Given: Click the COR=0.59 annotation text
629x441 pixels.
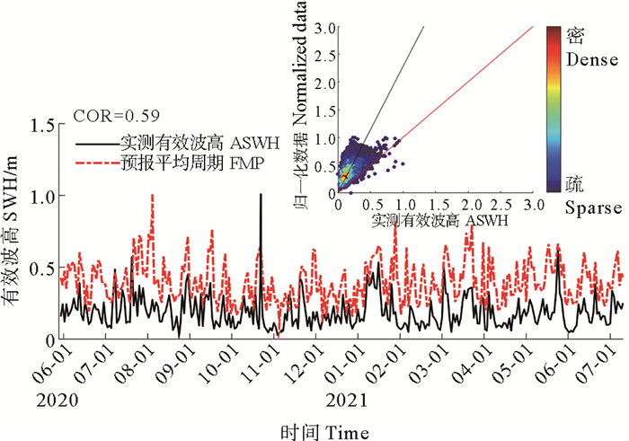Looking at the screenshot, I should (110, 115).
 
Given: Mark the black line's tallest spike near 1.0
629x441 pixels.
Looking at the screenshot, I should (261, 195).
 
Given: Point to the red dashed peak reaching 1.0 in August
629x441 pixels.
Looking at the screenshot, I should (152, 196).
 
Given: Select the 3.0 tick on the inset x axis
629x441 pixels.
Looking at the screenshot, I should (533, 205).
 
